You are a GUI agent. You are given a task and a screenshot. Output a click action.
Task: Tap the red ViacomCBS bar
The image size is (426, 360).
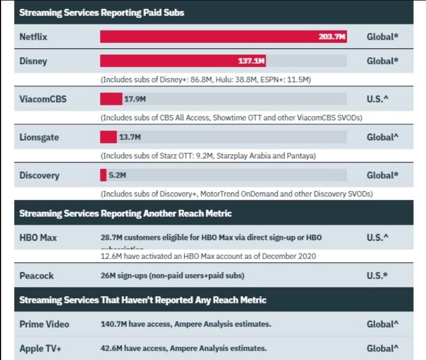click(111, 99)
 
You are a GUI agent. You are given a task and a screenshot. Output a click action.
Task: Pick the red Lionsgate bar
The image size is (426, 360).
click(108, 137)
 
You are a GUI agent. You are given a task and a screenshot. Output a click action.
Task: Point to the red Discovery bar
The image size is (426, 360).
click(103, 175)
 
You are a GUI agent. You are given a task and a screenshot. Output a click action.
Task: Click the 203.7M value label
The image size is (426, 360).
click(332, 37)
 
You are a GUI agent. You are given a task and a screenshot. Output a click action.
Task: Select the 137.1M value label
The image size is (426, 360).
click(252, 60)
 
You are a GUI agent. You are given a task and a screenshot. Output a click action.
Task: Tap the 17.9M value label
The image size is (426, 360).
click(135, 99)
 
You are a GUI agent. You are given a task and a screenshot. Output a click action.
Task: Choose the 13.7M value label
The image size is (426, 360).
click(130, 137)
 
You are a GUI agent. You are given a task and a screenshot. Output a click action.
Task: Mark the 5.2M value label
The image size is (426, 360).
click(117, 175)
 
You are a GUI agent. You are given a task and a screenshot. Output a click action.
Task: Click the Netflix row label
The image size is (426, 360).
click(33, 37)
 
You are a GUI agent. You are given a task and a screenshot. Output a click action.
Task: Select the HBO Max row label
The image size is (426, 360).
click(38, 237)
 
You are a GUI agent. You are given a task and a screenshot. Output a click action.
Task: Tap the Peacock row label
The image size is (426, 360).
click(36, 275)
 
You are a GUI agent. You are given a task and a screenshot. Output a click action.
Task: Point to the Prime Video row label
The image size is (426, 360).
click(44, 324)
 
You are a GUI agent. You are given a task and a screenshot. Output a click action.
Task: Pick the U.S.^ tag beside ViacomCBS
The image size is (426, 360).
click(377, 99)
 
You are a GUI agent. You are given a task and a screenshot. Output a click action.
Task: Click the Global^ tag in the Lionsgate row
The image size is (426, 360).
click(383, 137)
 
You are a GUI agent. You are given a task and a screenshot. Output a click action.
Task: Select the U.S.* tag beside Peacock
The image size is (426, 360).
click(377, 275)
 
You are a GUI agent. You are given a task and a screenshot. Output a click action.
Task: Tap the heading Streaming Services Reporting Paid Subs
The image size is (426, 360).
click(102, 12)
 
